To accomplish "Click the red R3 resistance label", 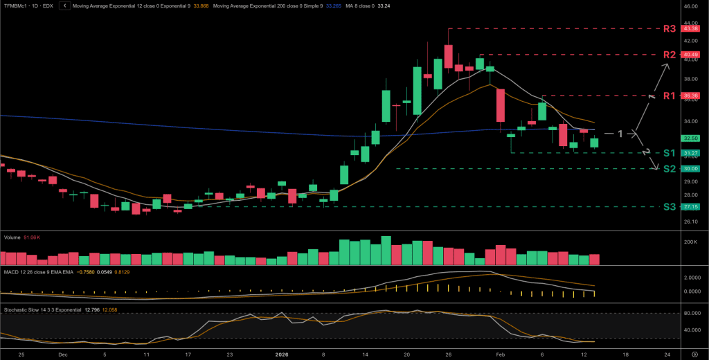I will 669,29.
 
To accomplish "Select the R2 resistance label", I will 669,55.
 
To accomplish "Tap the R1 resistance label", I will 669,96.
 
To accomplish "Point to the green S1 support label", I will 669,152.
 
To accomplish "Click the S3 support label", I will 669,206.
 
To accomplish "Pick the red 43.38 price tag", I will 690,29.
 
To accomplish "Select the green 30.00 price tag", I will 690,168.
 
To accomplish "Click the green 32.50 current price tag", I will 690,138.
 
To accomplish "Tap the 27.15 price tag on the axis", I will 690,206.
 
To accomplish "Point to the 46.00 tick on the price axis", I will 690,6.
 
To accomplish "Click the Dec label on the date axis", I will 63,353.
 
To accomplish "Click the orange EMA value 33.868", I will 199,6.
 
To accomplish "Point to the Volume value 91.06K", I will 32,237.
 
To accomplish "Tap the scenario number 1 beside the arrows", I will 621,133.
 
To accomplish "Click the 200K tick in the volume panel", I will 690,242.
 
